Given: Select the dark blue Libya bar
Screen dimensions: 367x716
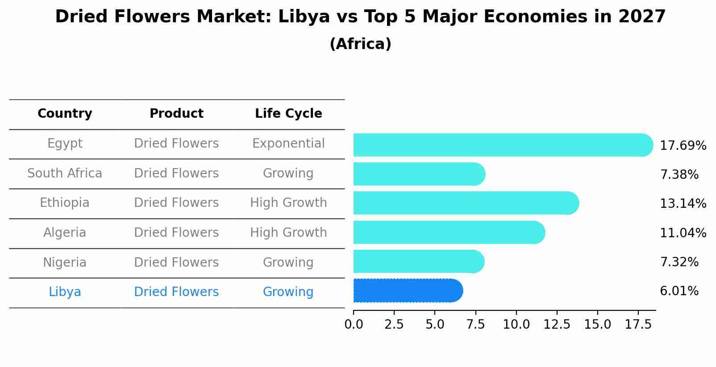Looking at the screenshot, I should [408, 291].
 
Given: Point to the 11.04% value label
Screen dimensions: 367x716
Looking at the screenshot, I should [683, 233].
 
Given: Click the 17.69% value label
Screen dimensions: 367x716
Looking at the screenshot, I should [683, 146].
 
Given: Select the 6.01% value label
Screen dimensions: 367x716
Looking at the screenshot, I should [679, 291].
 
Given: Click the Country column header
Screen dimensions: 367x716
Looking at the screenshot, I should [65, 114].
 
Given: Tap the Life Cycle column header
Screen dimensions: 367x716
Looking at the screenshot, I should [288, 114].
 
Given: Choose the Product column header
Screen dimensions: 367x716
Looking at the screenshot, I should [176, 114].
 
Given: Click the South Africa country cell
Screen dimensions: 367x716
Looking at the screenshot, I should [65, 173].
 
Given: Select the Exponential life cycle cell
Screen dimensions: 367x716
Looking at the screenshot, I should [288, 144].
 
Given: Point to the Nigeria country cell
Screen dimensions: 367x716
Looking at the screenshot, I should [65, 262].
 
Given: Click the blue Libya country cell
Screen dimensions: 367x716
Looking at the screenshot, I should [65, 292].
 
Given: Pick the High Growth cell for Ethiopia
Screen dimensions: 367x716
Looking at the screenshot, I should [288, 203].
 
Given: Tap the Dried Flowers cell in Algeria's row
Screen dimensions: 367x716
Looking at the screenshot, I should [176, 233].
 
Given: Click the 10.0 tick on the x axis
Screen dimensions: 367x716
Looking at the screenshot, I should [516, 325].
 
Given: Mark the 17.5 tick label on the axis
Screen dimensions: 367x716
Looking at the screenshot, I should [638, 325].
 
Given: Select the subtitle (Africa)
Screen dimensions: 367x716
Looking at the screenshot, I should [360, 44].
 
